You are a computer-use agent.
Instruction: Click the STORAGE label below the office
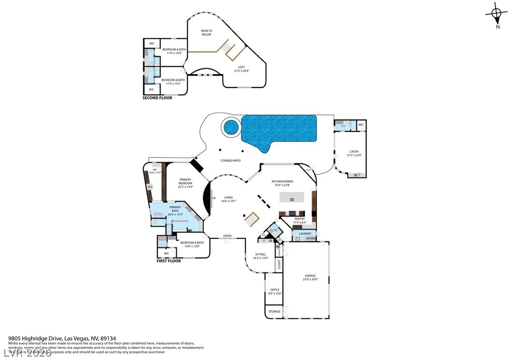(274, 312)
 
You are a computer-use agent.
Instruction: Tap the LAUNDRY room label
(305, 234)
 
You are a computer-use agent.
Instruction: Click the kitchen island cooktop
(292, 199)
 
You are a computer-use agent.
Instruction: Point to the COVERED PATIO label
(230, 160)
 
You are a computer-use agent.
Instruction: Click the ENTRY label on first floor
(227, 236)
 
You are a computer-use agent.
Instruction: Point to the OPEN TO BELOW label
(207, 33)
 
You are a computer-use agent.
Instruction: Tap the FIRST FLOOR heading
(169, 261)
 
